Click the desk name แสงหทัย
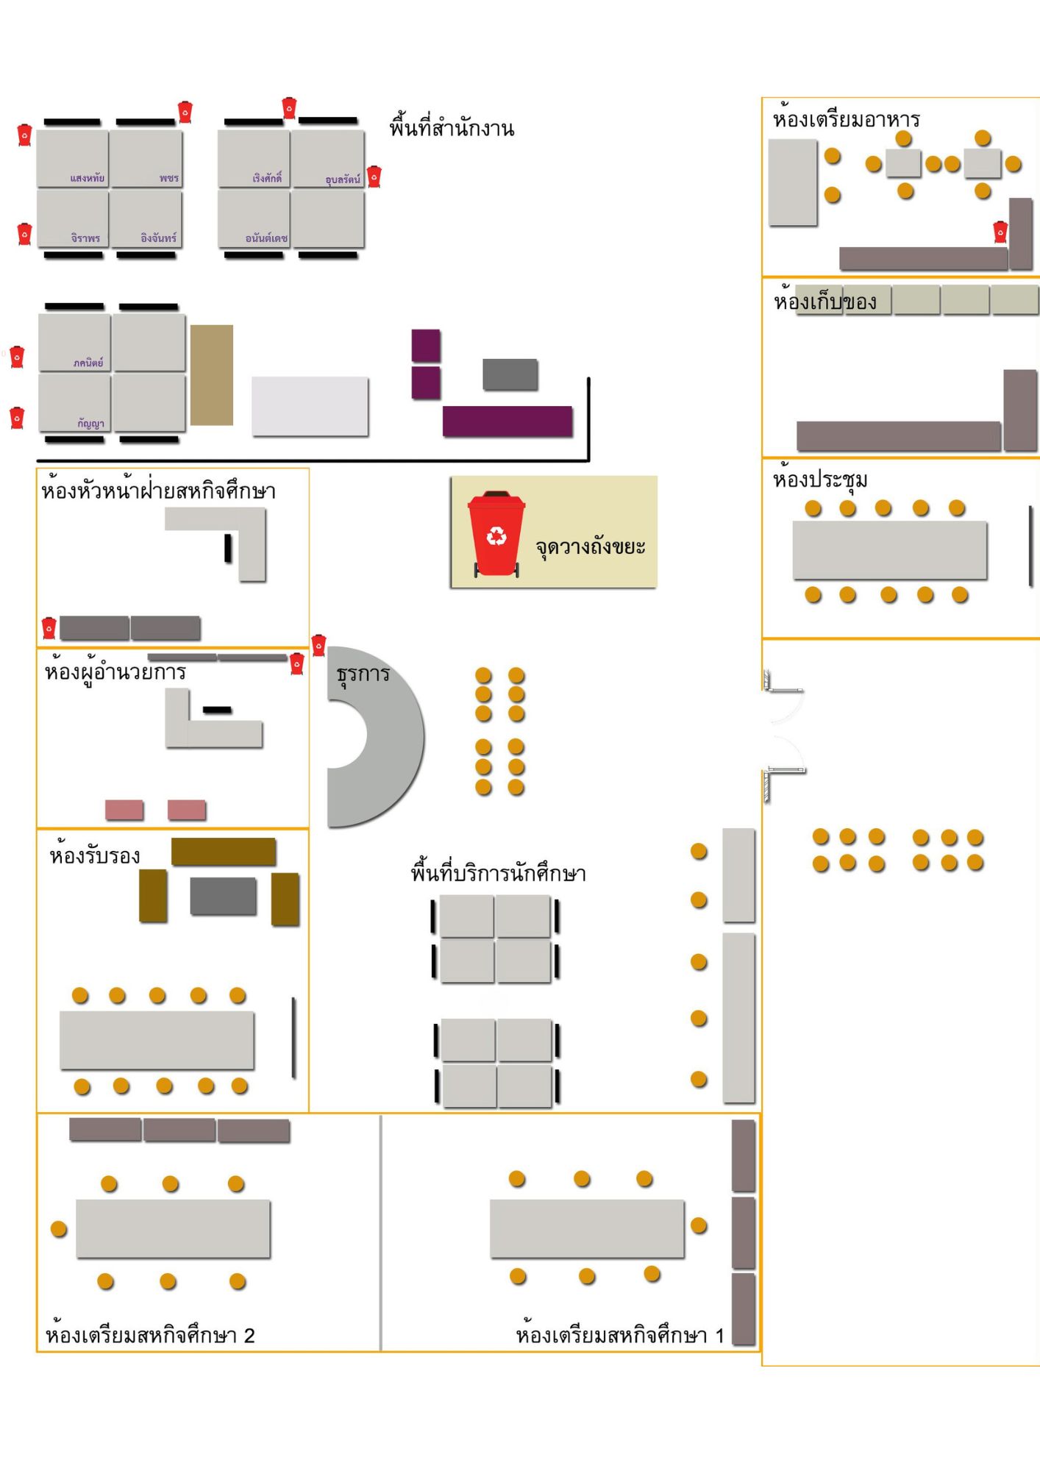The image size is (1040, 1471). tap(88, 178)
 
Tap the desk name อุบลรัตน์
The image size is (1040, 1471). tap(343, 179)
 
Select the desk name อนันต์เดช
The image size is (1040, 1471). tap(266, 238)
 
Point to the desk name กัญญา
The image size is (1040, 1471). tap(91, 423)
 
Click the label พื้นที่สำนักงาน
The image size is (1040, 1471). tap(452, 128)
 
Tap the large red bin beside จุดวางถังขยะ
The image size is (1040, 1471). tap(496, 533)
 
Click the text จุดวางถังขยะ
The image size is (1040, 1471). tap(590, 547)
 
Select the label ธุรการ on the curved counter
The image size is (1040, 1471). tap(363, 674)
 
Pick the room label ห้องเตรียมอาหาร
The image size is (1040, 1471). tap(846, 119)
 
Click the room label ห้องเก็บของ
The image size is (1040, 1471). tap(824, 302)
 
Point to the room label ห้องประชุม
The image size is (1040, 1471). tap(820, 480)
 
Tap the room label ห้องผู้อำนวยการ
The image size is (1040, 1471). tap(115, 672)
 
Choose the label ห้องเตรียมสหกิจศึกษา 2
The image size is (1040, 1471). tap(150, 1335)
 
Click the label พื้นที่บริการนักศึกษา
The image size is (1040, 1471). tap(498, 873)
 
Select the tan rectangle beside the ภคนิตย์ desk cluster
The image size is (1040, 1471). tap(212, 375)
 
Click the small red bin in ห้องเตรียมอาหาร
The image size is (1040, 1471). tap(1000, 232)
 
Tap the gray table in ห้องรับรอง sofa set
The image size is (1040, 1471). tap(223, 896)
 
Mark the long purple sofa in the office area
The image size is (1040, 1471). tap(507, 421)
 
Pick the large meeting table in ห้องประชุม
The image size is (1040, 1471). tap(889, 550)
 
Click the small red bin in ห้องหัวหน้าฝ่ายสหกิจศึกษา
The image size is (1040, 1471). tap(49, 627)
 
